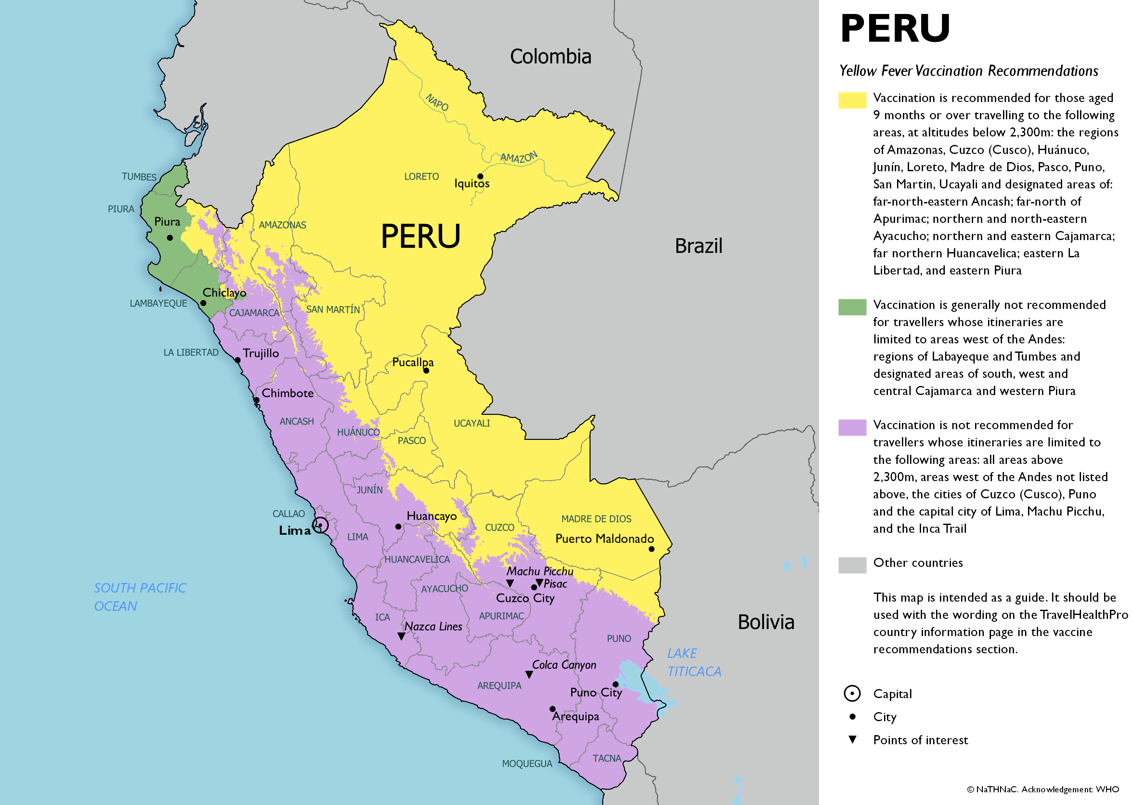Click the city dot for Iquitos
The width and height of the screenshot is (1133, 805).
(x=480, y=176)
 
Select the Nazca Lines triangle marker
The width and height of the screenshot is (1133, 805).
(x=401, y=636)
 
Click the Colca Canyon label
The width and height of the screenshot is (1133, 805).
(x=564, y=665)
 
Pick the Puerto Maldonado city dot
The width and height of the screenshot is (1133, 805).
(x=652, y=549)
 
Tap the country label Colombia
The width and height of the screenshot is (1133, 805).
(x=550, y=57)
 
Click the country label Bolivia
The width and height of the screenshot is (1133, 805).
(x=766, y=622)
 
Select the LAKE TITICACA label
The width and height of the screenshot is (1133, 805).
(x=693, y=662)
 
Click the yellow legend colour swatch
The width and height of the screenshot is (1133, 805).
(x=852, y=100)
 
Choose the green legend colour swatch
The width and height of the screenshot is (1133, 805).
(x=852, y=307)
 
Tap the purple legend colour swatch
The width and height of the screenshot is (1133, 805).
(x=852, y=427)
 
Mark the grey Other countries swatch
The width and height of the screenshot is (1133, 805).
(x=852, y=565)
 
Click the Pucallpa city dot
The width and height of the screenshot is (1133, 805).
(x=426, y=370)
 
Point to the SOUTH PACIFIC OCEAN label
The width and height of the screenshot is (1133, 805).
(x=140, y=597)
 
